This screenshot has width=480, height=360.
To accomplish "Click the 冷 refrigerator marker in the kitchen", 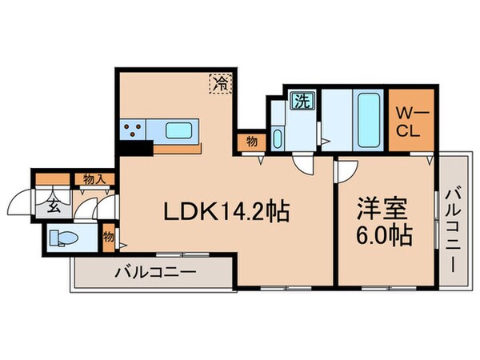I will [x=219, y=82].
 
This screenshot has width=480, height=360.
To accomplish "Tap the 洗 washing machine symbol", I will [x=302, y=102].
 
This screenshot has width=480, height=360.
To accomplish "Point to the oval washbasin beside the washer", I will [x=277, y=138].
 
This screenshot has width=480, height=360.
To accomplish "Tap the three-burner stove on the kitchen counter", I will [x=132, y=129].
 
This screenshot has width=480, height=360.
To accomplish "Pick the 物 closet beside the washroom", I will [x=251, y=142].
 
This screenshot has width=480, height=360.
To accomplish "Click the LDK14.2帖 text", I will [x=226, y=213].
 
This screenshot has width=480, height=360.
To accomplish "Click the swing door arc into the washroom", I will [x=304, y=164].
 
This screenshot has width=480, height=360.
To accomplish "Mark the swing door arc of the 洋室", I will [x=346, y=169].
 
